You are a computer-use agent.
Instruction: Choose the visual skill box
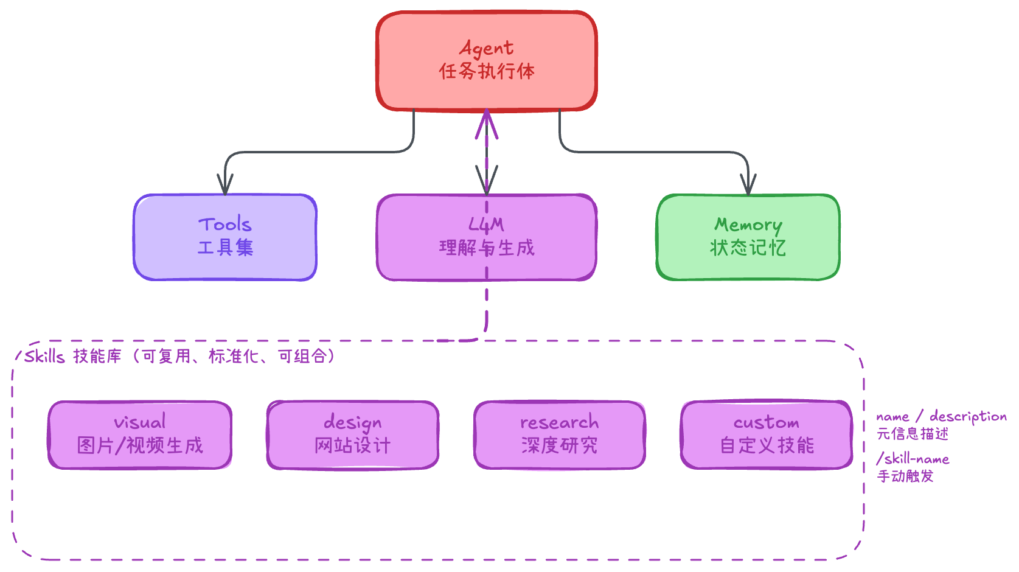140,434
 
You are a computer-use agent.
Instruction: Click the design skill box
353,434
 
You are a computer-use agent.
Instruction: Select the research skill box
559,434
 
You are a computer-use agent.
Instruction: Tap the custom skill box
767,434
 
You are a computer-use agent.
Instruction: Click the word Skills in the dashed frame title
44,356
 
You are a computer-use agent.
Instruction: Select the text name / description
941,417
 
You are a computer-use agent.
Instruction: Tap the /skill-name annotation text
913,459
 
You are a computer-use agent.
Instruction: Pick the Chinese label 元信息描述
912,434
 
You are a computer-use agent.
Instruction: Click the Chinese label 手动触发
905,476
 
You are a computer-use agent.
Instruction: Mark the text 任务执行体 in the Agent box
487,71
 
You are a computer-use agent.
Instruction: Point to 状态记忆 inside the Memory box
748,248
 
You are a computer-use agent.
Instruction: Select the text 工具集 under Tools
225,248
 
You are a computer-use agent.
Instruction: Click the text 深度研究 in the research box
559,445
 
